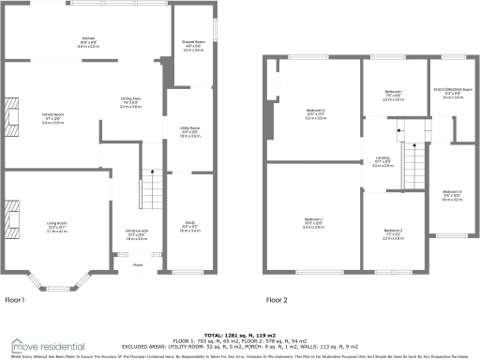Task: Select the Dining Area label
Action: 131,98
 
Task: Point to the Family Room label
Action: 52,114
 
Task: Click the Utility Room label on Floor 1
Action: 190,128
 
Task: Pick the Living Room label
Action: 58,222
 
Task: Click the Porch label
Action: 138,265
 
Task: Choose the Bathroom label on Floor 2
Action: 393,92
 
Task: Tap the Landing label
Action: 382,159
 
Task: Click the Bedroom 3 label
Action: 393,232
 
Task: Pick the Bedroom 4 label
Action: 451,193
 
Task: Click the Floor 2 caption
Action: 277,300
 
